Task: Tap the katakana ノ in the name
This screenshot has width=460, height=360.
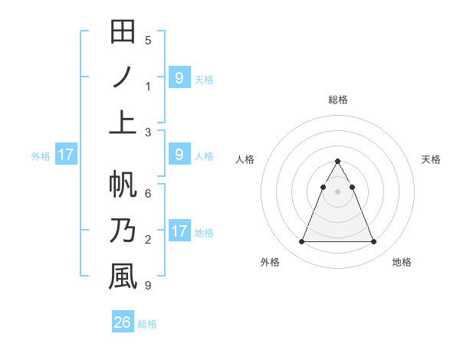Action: [x=123, y=77]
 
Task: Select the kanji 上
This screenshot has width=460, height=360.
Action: [x=123, y=123]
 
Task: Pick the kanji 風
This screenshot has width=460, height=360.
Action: [x=123, y=277]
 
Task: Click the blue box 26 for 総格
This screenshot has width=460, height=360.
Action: [x=123, y=322]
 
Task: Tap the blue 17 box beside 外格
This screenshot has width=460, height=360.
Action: [x=65, y=155]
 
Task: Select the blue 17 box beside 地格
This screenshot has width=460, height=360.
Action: [x=179, y=231]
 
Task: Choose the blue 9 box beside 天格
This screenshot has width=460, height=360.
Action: [x=179, y=77]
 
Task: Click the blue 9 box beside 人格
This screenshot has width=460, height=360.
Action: [x=179, y=155]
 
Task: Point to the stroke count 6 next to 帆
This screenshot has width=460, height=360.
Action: [x=148, y=194]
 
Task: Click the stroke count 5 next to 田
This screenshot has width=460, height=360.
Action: [x=148, y=40]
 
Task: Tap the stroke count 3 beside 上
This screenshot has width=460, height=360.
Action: [x=148, y=132]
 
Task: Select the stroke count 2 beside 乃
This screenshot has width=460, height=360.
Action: [x=148, y=240]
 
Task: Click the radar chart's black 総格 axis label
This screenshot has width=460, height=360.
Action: [x=337, y=100]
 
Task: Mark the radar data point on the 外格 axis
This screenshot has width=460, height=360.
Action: [x=301, y=242]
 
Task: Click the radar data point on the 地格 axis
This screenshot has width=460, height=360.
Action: [x=373, y=242]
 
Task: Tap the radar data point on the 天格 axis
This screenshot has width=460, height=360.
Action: [x=352, y=187]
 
